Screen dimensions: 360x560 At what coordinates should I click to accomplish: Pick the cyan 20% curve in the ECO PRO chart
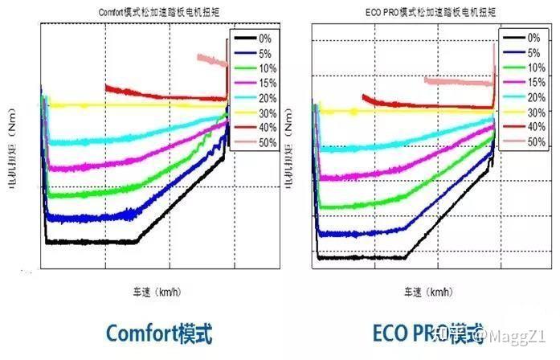click(x=386, y=145)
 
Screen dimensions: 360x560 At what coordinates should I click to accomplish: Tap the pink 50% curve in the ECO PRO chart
click(x=458, y=81)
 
